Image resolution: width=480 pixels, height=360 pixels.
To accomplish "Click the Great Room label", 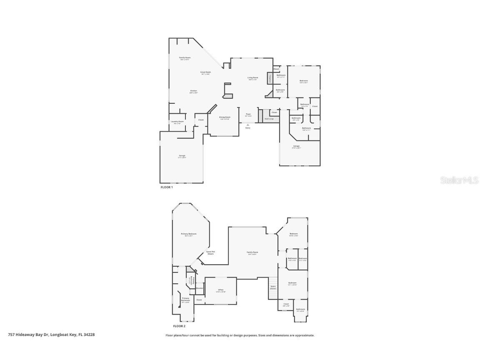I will click(x=206, y=72).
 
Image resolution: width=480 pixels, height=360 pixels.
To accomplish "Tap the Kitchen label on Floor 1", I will click(x=193, y=91).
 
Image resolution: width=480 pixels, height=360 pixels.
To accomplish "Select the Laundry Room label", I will click(x=177, y=122).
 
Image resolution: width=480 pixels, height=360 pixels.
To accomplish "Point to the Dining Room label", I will click(x=225, y=118).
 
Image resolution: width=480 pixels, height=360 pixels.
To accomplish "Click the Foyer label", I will click(x=248, y=114).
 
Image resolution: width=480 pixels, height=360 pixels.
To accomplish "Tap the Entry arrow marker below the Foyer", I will click(x=248, y=125).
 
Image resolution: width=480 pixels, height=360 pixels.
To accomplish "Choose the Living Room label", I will click(x=253, y=78).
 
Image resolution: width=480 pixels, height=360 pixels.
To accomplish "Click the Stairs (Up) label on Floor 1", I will click(x=269, y=119).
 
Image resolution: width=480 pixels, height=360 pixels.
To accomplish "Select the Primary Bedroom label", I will click(x=188, y=234).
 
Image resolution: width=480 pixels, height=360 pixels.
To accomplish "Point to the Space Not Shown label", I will click(x=210, y=252).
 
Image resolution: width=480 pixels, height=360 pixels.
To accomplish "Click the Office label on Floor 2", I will click(x=221, y=290).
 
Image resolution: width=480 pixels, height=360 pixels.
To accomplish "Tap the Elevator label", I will click(x=199, y=288).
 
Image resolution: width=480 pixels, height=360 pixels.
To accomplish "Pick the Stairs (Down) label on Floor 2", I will click(x=273, y=287).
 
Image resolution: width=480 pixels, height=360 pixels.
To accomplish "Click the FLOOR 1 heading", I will click(x=167, y=187).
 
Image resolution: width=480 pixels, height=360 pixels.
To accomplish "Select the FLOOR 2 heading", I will click(x=179, y=326).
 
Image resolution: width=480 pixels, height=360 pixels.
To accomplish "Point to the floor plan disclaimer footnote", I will click(x=240, y=335).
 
